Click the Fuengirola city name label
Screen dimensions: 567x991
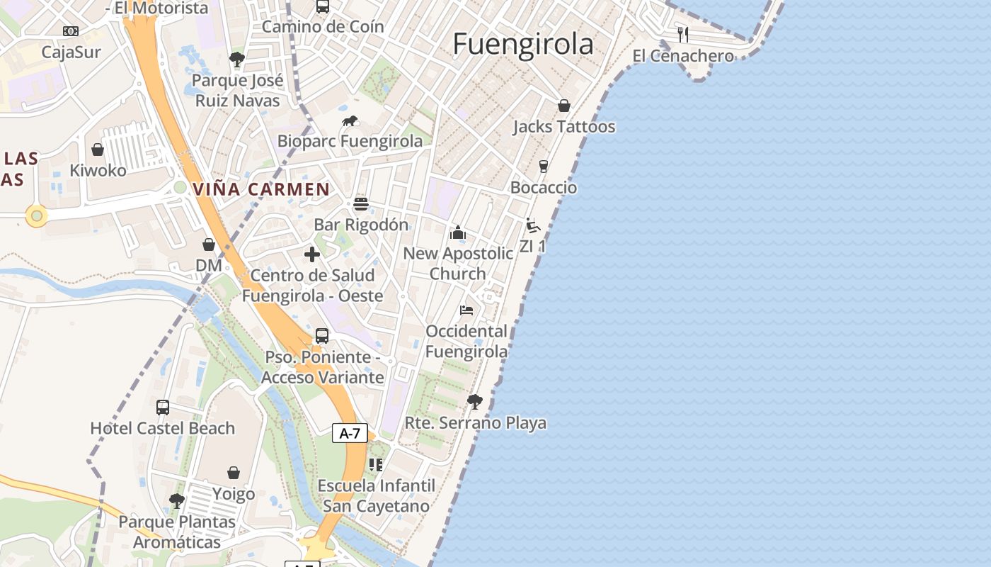523,44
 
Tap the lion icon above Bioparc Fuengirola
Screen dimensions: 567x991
350,121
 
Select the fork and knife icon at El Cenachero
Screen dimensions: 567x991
683,34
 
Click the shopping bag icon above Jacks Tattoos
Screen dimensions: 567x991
564,106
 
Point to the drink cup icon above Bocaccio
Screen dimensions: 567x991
544,167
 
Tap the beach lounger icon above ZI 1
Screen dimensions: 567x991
533,225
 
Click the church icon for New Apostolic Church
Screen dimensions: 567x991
458,232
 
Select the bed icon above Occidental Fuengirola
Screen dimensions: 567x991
466,310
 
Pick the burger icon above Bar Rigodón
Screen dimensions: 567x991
361,204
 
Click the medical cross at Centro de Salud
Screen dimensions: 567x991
312,254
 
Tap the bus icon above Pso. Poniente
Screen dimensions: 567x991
322,336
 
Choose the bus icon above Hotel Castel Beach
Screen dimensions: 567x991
163,408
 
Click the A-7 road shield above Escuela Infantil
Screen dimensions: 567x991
350,433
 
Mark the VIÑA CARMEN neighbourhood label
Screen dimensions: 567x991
261,189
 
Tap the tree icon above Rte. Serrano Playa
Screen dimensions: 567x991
475,402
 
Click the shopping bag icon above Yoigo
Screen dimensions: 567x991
234,473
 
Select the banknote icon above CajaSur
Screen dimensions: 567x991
71,31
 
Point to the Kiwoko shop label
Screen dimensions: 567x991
98,171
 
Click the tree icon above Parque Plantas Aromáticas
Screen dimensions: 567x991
177,501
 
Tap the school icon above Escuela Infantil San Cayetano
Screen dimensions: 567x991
376,465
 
